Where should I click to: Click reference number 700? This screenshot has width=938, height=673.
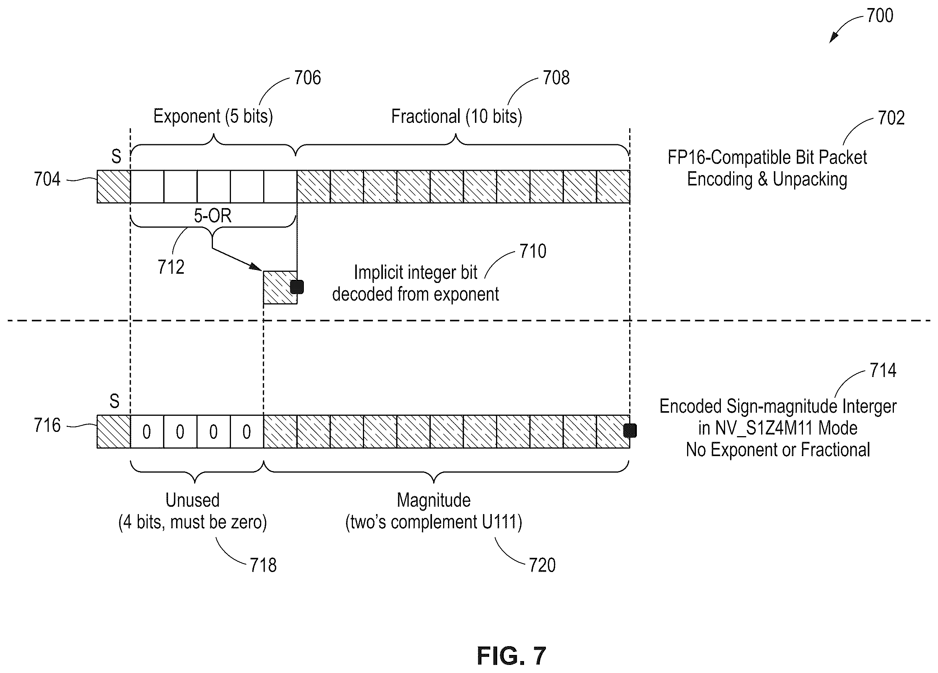pos(880,16)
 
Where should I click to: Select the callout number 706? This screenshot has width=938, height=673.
pos(307,78)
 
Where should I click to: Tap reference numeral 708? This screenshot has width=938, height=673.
pos(556,78)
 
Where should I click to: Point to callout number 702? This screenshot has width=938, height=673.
pos(891,118)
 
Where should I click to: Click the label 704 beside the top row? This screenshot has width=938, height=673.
pos(47,179)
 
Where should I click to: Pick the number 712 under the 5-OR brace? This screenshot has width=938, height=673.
pos(171,267)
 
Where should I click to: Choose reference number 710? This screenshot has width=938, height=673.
pos(533,251)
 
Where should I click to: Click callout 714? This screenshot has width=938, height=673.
pos(883,370)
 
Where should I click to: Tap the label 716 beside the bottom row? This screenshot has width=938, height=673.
pos(47,425)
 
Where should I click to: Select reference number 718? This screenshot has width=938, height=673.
pos(263,565)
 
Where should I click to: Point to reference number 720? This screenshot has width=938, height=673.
pos(542,565)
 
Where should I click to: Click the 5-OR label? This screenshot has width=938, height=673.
pos(213,216)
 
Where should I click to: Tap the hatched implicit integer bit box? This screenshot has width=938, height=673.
pos(280,288)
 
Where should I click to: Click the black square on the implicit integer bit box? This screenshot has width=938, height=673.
pos(297,287)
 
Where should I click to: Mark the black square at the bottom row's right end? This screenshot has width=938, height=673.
pos(630,431)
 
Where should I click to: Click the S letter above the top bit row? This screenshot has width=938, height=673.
pos(116,157)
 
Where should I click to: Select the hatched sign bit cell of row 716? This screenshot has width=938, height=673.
pos(114,432)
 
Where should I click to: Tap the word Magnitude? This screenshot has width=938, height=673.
pos(434,500)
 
